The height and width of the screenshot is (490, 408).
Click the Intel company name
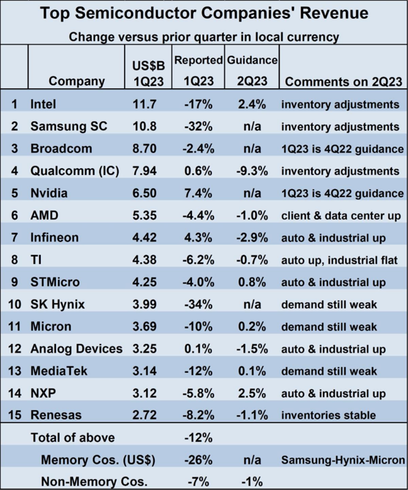(x=43, y=104)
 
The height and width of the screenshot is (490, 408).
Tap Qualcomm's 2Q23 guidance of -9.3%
(x=252, y=171)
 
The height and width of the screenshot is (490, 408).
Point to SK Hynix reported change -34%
(x=198, y=305)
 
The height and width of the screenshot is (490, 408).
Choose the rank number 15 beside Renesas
(x=15, y=415)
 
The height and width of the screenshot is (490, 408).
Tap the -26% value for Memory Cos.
(x=198, y=460)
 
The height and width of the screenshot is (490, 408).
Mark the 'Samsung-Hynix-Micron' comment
(x=343, y=460)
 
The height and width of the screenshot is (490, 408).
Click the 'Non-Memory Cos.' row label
(x=94, y=482)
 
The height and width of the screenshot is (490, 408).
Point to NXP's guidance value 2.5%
(x=252, y=394)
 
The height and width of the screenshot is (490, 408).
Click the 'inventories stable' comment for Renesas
(x=328, y=415)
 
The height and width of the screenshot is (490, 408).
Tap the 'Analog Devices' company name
(x=76, y=349)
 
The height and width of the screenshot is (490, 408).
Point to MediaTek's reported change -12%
(x=198, y=371)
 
